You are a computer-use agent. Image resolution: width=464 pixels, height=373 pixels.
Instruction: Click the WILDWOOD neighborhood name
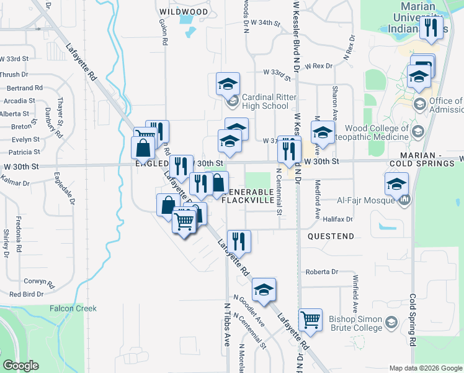(x=184, y=12)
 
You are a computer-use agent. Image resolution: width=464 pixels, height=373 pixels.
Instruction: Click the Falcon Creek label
(x=73, y=308)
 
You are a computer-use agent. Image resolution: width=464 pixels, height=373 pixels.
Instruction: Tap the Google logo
(x=20, y=366)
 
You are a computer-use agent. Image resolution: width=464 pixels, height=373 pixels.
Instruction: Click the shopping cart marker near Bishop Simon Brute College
(x=310, y=320)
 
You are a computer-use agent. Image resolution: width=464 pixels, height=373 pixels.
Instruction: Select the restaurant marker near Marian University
(x=431, y=27)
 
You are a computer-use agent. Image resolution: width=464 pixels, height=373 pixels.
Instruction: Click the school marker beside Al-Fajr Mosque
(x=396, y=183)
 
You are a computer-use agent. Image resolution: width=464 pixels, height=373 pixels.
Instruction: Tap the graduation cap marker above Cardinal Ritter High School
(x=228, y=83)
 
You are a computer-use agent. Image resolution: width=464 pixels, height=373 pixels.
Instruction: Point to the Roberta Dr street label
(x=322, y=272)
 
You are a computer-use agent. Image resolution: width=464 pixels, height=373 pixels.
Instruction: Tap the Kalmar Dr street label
(x=17, y=183)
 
